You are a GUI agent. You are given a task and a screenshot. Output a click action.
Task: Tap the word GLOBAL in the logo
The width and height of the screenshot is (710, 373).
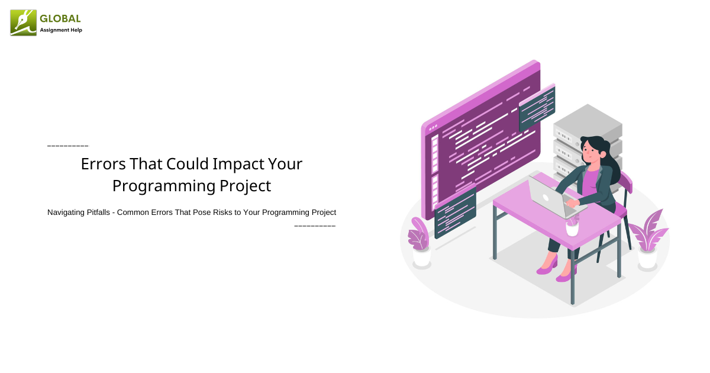point(60,19)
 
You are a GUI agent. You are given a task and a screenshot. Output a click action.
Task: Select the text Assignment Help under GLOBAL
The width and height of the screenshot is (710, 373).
point(61,30)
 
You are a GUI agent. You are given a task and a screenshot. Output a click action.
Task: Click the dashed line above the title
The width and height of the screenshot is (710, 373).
point(67,146)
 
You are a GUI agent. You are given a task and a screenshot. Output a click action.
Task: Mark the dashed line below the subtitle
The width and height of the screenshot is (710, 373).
point(315,226)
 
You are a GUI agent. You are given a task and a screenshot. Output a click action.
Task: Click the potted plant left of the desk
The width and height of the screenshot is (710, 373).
point(420,243)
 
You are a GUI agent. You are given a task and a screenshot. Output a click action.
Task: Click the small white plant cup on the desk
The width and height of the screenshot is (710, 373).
point(572,226)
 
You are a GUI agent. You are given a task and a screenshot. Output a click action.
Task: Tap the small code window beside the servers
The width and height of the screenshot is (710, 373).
point(537,107)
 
